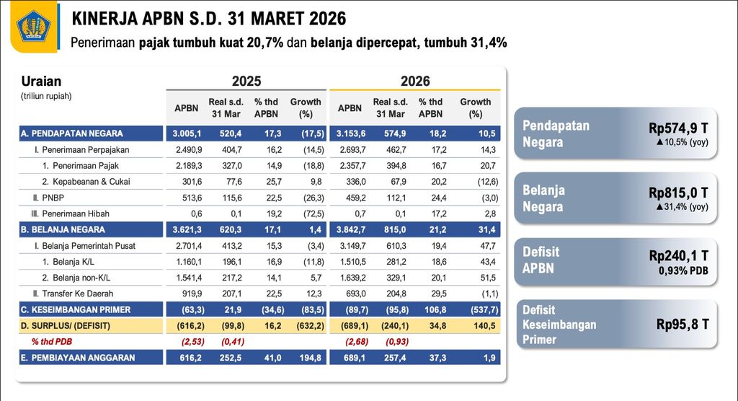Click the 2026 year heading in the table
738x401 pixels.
tap(415, 81)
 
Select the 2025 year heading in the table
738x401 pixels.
tap(246, 81)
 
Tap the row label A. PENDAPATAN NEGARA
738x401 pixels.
tap(72, 133)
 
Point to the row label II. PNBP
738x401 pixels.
tap(45, 198)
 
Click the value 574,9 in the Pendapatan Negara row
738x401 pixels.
tap(390, 133)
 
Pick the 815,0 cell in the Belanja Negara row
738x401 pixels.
tap(390, 229)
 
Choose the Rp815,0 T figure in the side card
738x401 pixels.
tap(678, 193)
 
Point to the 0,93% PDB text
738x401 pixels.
tap(683, 270)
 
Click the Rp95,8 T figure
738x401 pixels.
tap(683, 325)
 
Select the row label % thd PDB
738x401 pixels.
tap(53, 341)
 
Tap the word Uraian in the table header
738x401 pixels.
tap(41, 81)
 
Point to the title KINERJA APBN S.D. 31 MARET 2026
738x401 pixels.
tap(209, 18)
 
